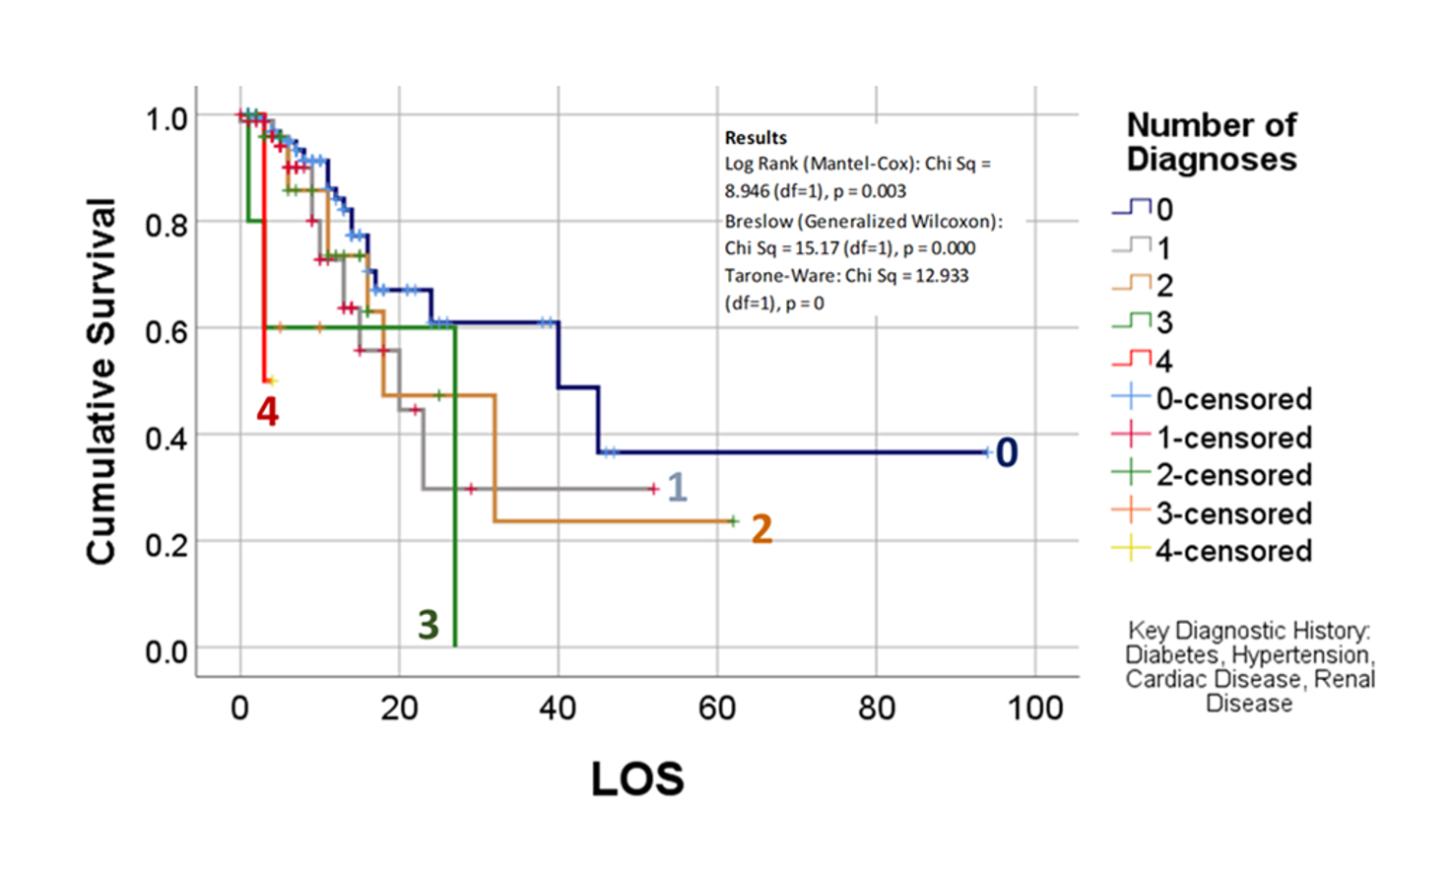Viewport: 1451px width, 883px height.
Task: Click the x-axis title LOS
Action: (636, 779)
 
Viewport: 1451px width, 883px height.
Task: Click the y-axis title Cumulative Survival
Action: (101, 382)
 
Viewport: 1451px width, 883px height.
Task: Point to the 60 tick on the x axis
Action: (717, 708)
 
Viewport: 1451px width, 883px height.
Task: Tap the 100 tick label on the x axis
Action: (1034, 708)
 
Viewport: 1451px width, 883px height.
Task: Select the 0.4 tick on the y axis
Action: (165, 437)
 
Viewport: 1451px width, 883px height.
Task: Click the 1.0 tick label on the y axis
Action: (165, 119)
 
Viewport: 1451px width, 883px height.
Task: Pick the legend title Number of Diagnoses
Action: (1211, 142)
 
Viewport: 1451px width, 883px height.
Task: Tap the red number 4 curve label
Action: (267, 412)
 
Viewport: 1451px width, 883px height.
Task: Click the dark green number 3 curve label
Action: (428, 625)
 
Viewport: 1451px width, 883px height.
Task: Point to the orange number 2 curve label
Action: (761, 529)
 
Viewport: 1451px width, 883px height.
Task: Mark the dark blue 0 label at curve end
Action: (1006, 452)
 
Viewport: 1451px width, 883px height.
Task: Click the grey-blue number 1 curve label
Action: (677, 487)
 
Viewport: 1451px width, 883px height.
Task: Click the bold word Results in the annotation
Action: (756, 138)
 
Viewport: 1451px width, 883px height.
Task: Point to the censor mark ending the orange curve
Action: (733, 520)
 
